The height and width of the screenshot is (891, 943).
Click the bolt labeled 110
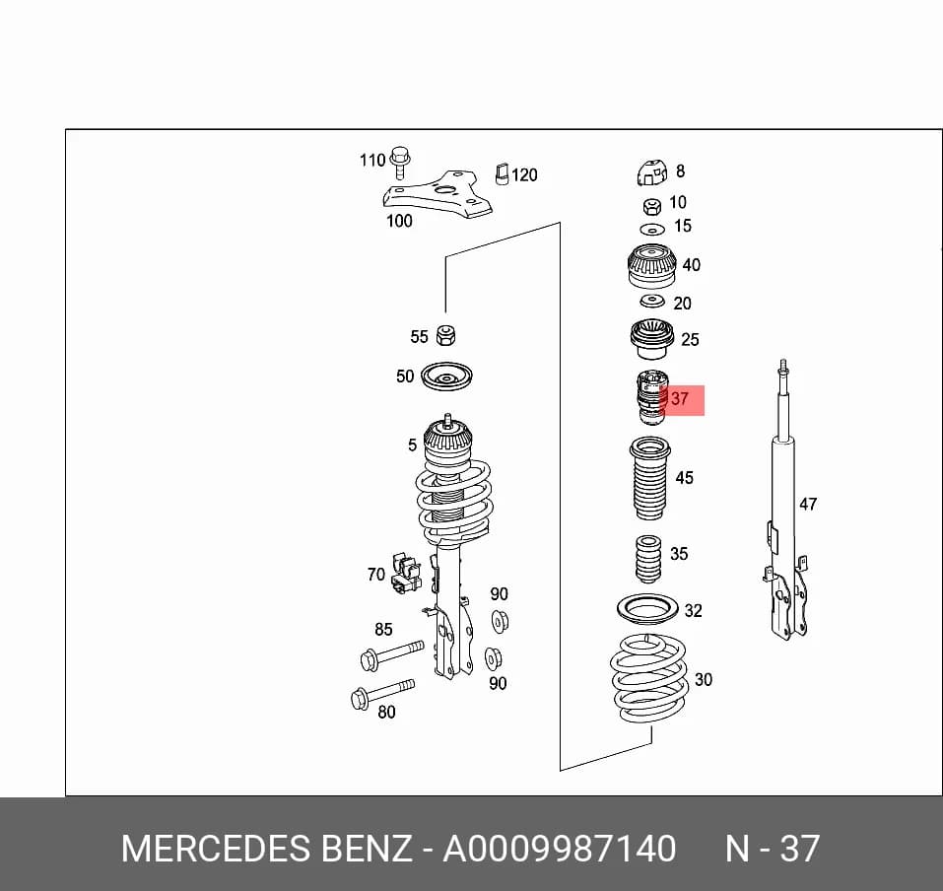pyautogui.click(x=399, y=162)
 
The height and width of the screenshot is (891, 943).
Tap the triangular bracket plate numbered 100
pyautogui.click(x=439, y=194)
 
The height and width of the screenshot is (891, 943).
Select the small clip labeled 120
pyautogui.click(x=503, y=173)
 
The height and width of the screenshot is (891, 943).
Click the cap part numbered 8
pyautogui.click(x=652, y=172)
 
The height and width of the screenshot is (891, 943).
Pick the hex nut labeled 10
pyautogui.click(x=652, y=207)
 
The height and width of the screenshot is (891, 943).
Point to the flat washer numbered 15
pyautogui.click(x=652, y=230)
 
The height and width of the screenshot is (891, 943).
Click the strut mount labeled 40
pyautogui.click(x=652, y=266)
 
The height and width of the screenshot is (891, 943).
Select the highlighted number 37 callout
pyautogui.click(x=680, y=399)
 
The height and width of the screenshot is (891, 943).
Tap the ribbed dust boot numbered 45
pyautogui.click(x=649, y=479)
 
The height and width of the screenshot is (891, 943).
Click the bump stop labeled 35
pyautogui.click(x=648, y=559)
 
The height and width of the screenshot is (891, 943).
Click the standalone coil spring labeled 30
pyautogui.click(x=649, y=679)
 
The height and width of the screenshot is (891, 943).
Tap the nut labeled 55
pyautogui.click(x=445, y=335)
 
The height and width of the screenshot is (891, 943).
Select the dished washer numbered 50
pyautogui.click(x=446, y=377)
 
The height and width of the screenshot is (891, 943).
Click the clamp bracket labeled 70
pyautogui.click(x=405, y=574)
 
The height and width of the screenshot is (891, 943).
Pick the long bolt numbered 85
pyautogui.click(x=391, y=654)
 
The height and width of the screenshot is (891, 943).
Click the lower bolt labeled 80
pyautogui.click(x=382, y=693)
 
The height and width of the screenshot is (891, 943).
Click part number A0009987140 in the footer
pyautogui.click(x=560, y=849)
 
